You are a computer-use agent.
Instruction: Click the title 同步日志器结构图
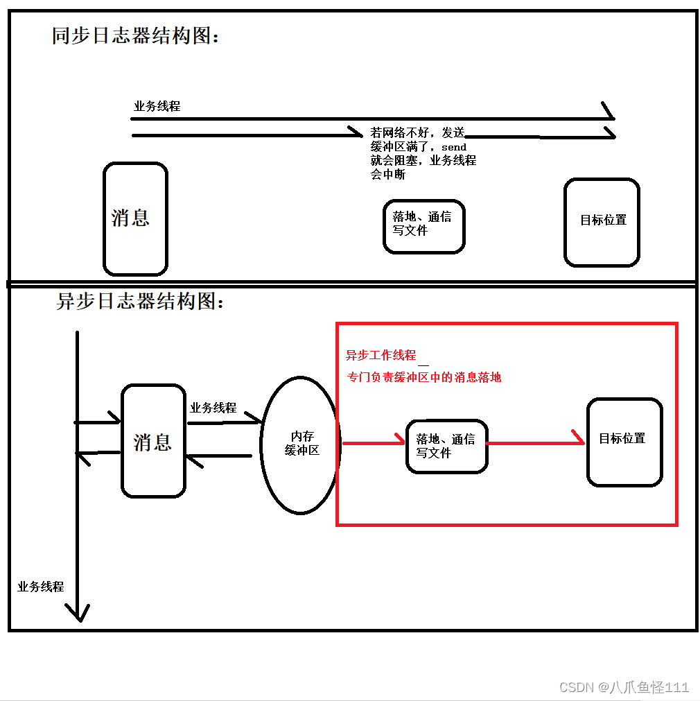point(136,36)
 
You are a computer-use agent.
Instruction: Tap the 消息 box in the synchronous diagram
point(135,218)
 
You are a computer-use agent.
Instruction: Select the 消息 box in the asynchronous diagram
point(153,442)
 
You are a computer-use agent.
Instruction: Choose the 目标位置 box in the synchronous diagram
point(602,222)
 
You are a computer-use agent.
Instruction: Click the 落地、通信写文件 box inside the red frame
point(446,446)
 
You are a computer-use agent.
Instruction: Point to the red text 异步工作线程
point(380,356)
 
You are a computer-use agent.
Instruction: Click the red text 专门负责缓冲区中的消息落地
point(424,378)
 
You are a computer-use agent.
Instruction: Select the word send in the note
point(454,147)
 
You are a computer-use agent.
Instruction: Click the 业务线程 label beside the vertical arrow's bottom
point(41,587)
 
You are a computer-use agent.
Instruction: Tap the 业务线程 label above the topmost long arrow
point(157,107)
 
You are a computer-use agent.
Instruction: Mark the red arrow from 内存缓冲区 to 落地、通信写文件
point(373,442)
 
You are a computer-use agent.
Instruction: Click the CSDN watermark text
point(624,687)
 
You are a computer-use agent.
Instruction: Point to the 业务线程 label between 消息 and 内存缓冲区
point(213,408)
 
